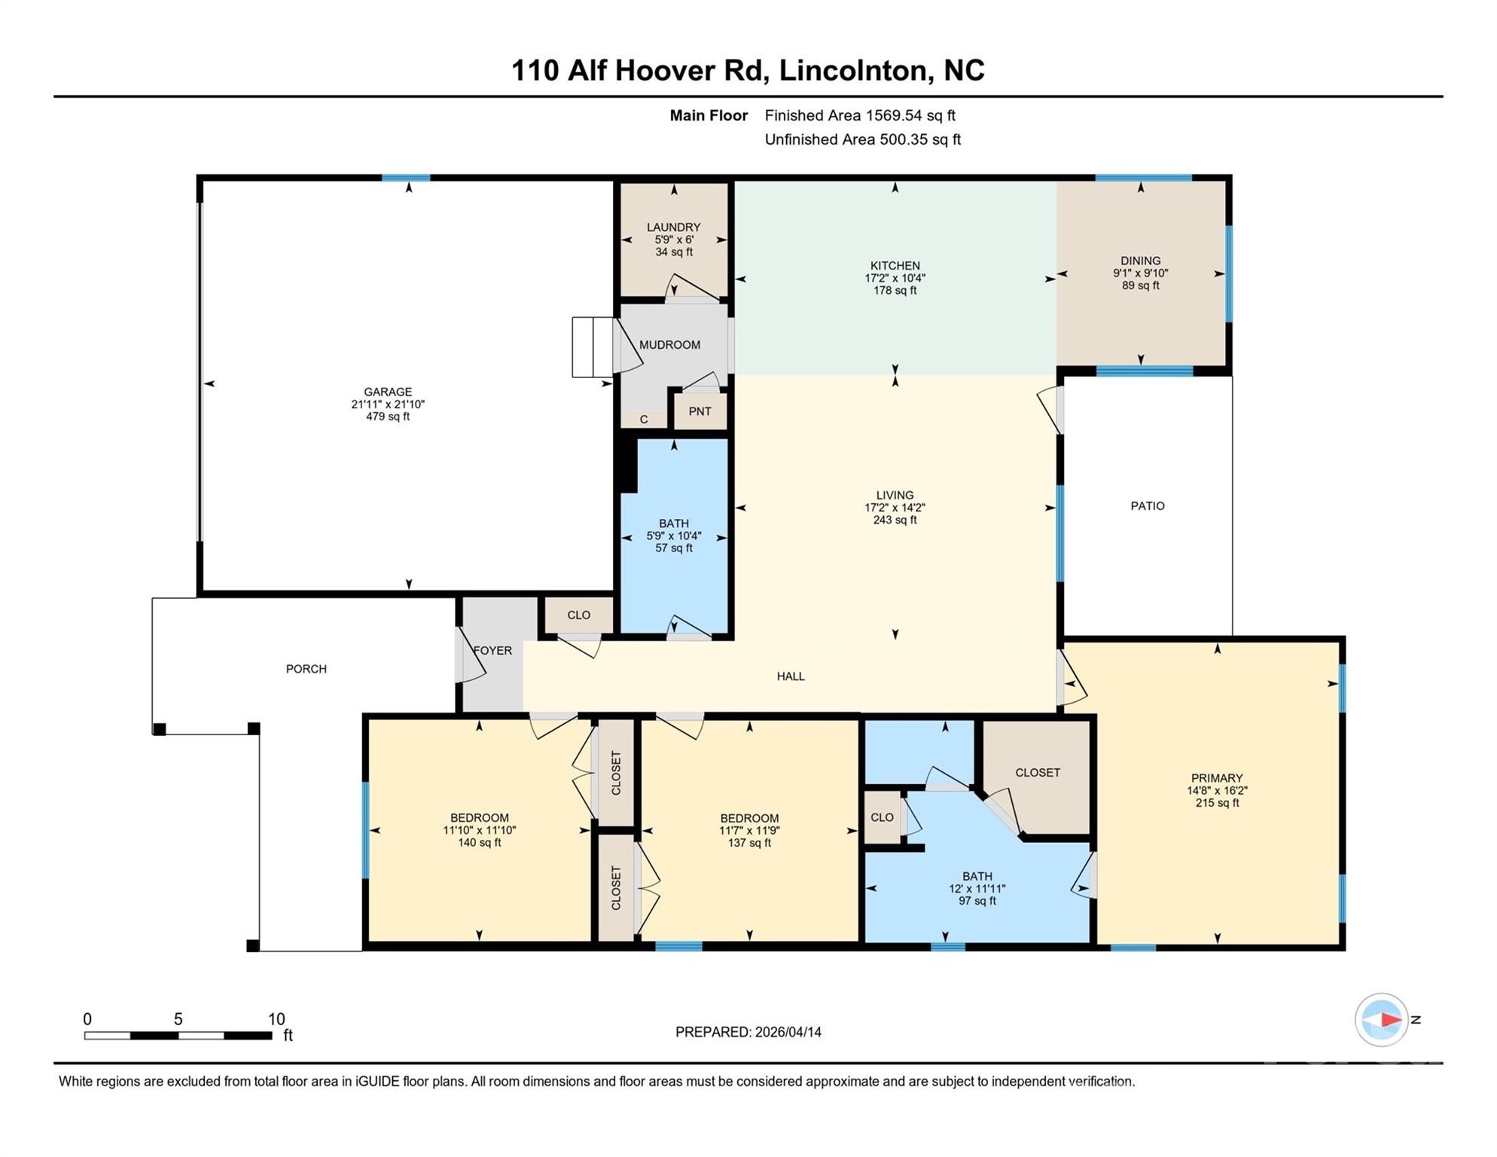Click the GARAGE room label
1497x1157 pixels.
pos(388,392)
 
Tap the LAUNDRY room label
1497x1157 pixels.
pos(673,227)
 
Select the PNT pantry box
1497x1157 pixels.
pos(700,411)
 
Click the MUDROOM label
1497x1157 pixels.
pos(669,345)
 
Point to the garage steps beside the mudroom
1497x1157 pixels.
pos(593,347)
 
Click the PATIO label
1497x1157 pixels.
pos(1147,506)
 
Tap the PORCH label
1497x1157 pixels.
pos(306,669)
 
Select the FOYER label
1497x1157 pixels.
pos(492,651)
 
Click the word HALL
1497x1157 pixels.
pos(791,676)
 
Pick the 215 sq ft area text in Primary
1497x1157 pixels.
pos(1217,803)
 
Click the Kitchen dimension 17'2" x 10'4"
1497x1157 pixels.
pos(895,278)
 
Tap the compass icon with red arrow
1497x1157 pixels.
pos(1381,1020)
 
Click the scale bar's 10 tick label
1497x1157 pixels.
pos(276,1019)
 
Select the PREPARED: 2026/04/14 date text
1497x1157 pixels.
pos(748,1032)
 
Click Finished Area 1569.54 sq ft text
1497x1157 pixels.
pos(859,115)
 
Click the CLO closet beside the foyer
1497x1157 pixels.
pos(578,615)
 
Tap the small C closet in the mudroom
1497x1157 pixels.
pos(644,420)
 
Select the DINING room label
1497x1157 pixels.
pos(1140,261)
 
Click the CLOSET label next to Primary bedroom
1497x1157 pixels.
pos(1037,773)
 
